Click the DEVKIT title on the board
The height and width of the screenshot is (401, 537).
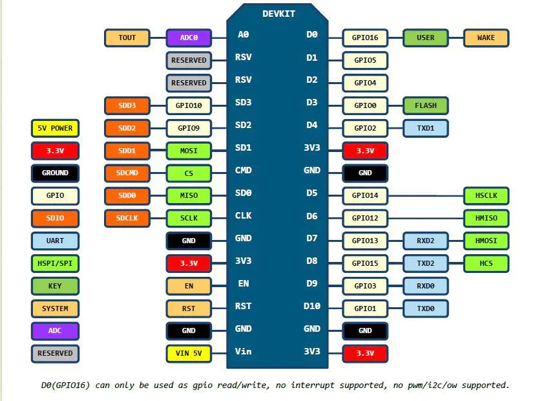279,14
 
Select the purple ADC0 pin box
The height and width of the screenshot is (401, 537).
189,38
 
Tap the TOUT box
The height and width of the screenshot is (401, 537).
127,38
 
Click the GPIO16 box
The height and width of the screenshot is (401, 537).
365,38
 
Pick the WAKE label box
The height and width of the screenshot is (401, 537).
486,38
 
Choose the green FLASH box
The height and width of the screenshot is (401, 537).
425,105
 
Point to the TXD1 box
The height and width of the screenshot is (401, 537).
425,128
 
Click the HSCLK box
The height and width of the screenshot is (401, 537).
486,195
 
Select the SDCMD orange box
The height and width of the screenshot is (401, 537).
127,173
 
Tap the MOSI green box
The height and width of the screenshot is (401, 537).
189,151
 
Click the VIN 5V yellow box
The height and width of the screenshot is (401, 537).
189,354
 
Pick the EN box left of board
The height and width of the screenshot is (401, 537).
189,286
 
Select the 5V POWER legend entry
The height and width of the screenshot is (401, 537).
55,128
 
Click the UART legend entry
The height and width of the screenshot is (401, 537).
55,241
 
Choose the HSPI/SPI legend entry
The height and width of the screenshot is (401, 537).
55,263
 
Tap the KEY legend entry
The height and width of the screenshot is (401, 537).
55,286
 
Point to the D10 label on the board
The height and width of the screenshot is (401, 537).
311,306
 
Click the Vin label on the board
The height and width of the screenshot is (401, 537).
243,351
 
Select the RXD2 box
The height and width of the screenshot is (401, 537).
425,241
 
